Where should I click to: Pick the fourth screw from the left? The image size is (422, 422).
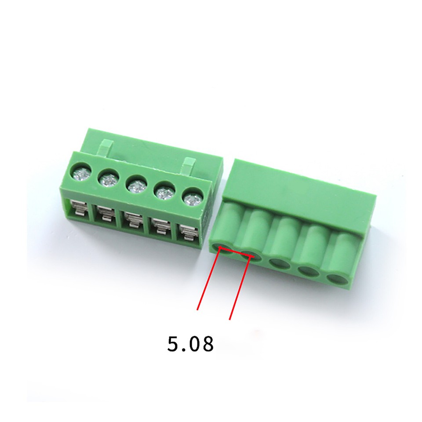(164, 192)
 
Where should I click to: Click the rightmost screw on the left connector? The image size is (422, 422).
(192, 199)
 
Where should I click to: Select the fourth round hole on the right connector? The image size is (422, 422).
(307, 270)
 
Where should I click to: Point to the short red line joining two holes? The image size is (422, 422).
(236, 253)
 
